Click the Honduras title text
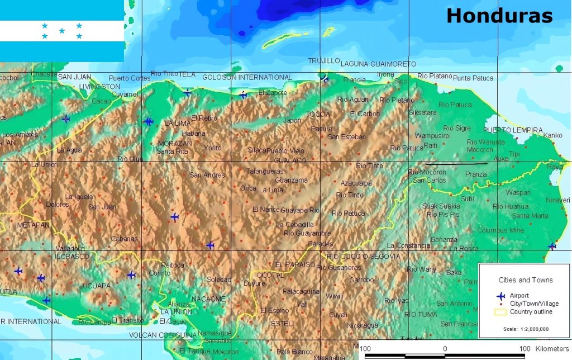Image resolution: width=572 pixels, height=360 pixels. coord(499,16)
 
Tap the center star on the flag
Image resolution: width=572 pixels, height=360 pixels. coord(62,31)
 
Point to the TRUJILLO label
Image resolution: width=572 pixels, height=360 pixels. coord(324,61)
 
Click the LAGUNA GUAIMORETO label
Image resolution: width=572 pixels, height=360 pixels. coord(378,64)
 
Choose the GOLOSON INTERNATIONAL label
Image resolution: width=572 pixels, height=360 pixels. coord(246,77)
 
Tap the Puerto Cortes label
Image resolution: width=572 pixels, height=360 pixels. coord(129,78)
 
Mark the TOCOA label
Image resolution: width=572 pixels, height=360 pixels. coord(318,115)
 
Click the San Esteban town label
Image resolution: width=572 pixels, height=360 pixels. coord(346,137)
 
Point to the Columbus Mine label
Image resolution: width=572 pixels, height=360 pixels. coord(500,230)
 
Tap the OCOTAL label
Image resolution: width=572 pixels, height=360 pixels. coord(270,275)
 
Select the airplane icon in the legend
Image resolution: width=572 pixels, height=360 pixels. coord(500,295)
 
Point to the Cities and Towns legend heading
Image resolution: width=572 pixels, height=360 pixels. coord(525,280)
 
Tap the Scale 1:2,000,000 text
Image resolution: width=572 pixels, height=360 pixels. coord(526,329)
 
